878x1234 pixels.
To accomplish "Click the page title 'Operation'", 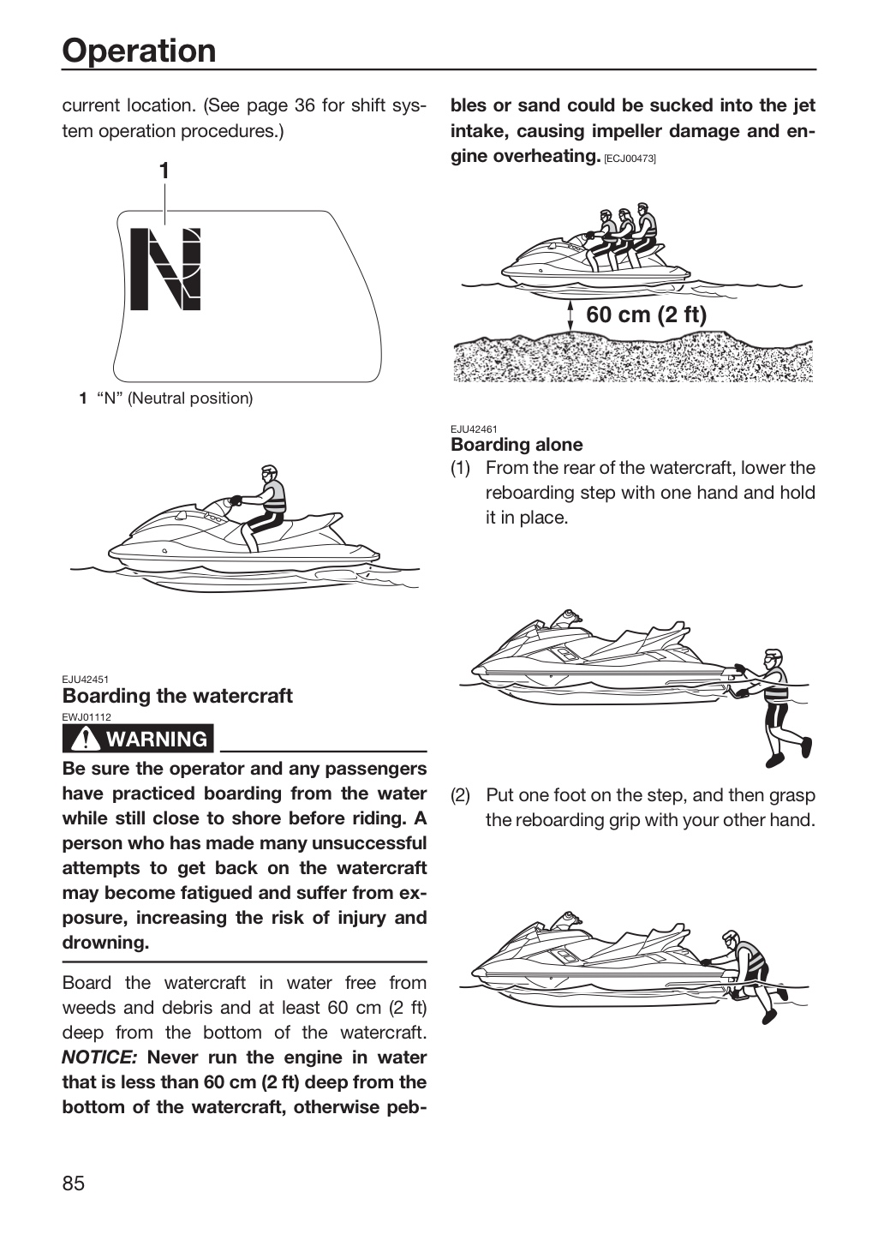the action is (139, 51).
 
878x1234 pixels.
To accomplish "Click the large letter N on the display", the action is (165, 268).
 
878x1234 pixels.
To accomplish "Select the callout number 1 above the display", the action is (164, 171).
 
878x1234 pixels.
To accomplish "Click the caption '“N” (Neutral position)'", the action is (175, 398).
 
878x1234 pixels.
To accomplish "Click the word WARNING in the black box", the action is (157, 739).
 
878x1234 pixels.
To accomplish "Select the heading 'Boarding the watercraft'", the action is (177, 696).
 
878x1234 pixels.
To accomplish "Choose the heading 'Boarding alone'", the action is (517, 445).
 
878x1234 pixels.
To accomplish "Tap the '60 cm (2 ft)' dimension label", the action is (646, 314).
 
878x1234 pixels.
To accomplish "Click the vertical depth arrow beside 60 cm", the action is (570, 315).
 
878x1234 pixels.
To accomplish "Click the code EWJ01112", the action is (87, 717).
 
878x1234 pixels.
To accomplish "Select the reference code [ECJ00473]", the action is (630, 159).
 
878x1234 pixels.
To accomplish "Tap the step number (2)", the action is (461, 795).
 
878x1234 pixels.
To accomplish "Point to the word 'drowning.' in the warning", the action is (105, 943).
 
